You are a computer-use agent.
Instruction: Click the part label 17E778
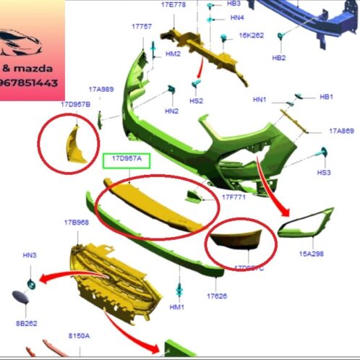tap(173, 4)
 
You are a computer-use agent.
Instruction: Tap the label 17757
tap(142, 26)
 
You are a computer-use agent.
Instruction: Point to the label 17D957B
tap(75, 105)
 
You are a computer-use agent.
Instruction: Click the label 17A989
tap(101, 89)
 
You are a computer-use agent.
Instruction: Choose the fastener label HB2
tap(278, 58)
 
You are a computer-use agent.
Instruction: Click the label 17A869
tap(341, 131)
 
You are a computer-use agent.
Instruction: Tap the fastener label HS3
tap(324, 173)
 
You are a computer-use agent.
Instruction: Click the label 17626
tap(216, 296)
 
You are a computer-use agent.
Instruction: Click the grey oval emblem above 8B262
tap(20, 296)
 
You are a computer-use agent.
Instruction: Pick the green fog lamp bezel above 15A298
tap(308, 225)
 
